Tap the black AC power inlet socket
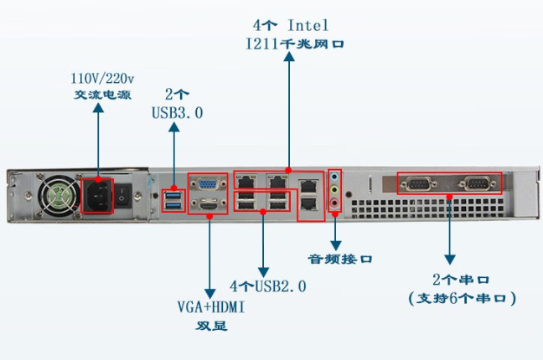[97, 196]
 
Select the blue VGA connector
[206, 184]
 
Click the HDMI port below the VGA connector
[206, 204]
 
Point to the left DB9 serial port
[418, 184]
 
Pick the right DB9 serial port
[475, 184]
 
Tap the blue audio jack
[336, 178]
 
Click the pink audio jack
[336, 203]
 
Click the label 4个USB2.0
[268, 285]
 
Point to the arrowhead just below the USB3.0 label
[174, 129]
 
